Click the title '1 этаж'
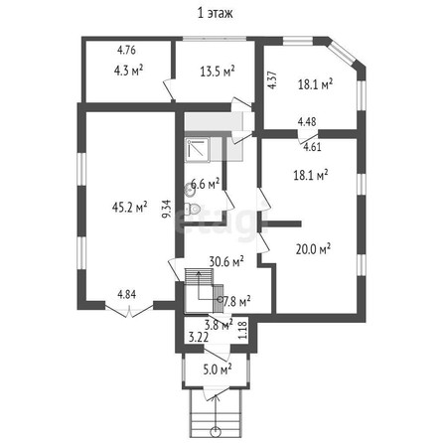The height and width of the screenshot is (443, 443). coord(216,13)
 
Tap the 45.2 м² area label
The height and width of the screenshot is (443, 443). coord(129,208)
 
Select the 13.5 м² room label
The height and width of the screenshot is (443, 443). coord(218,72)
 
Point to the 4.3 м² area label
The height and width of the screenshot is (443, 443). coord(128,71)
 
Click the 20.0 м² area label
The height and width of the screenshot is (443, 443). coord(313,249)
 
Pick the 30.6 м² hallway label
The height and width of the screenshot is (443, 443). coord(226,262)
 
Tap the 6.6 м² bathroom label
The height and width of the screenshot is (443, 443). coord(206,184)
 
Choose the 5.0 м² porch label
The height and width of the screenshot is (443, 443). coord(218,369)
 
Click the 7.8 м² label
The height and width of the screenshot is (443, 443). coord(236,301)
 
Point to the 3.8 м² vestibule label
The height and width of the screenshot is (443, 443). coord(219,325)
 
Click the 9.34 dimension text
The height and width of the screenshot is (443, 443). coord(168,209)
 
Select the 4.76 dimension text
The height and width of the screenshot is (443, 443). coord(126,50)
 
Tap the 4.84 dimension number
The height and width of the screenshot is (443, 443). coord(126,294)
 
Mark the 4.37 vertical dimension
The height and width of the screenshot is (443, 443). coord(272,80)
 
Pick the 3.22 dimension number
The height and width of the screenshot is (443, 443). coord(199,338)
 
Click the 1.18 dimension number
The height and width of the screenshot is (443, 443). coord(243,330)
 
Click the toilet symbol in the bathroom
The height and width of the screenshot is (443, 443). coord(192,209)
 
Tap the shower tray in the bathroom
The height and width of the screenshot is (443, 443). coord(197,150)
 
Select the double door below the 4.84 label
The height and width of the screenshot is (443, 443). coord(129,311)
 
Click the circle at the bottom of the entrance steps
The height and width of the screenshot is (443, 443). coord(216,431)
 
